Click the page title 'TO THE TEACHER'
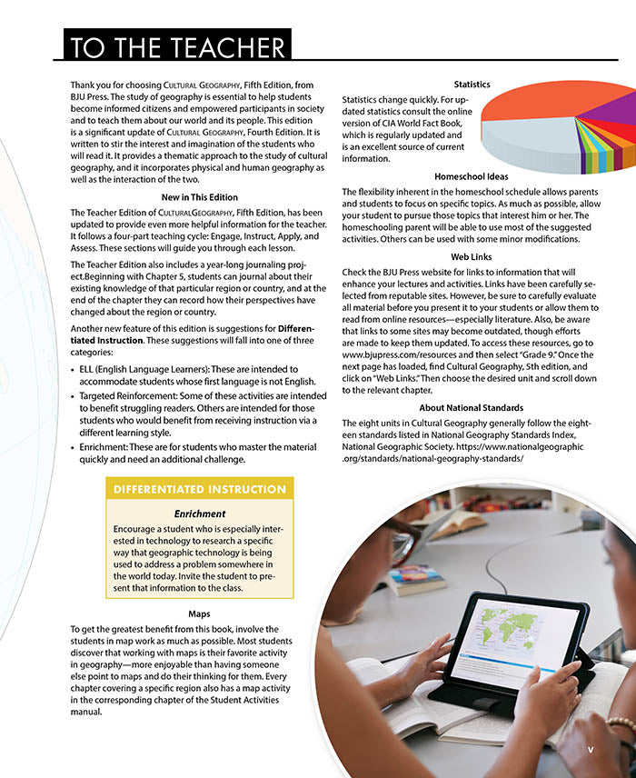177,45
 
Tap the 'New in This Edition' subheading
200,197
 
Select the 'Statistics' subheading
472,85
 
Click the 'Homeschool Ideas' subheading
471,176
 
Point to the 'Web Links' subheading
471,257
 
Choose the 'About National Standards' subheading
471,408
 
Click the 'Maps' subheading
199,613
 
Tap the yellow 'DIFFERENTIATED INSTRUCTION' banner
200,490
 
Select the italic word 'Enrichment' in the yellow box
200,514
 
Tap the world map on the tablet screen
509,637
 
